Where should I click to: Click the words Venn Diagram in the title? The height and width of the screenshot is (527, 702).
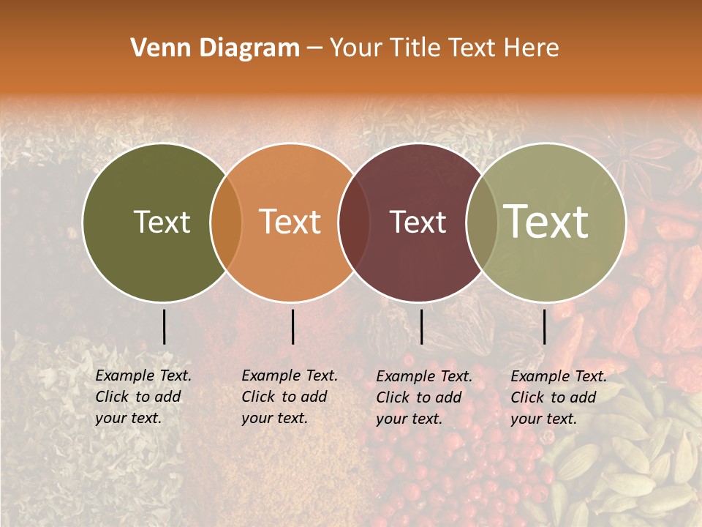[x=215, y=48]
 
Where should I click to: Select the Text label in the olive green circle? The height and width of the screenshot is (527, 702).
[x=162, y=222]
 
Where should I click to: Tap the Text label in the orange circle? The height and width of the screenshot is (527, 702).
[x=290, y=222]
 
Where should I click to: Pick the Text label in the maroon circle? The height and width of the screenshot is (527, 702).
[x=418, y=222]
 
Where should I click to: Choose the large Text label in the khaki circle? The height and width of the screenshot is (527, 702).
[x=546, y=221]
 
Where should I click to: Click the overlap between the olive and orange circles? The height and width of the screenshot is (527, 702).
[x=226, y=223]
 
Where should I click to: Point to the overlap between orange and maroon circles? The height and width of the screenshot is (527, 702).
[x=354, y=223]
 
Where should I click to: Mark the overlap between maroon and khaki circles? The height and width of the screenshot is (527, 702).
[x=482, y=223]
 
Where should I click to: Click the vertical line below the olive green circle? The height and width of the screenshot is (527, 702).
[x=164, y=326]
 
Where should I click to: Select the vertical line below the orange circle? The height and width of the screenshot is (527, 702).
[x=292, y=326]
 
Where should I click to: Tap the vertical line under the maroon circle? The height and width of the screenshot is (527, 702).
[x=421, y=326]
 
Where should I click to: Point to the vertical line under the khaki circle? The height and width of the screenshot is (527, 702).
[x=545, y=326]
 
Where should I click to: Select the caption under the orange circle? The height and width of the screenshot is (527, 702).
[x=289, y=397]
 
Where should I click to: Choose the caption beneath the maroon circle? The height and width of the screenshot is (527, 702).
[x=423, y=397]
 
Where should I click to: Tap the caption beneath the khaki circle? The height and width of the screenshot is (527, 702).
[x=558, y=397]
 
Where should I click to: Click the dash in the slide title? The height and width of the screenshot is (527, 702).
[x=314, y=49]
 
